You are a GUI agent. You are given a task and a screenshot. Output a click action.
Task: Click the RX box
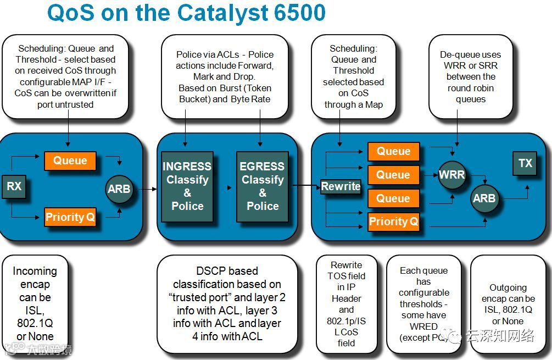(x=14, y=186)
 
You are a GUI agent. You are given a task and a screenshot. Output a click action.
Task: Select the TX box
(x=525, y=163)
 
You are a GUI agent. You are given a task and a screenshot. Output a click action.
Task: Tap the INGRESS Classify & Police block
(x=187, y=186)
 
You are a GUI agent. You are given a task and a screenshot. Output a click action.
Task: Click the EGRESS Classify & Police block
(x=263, y=186)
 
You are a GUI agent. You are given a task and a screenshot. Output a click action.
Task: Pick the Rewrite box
(x=341, y=186)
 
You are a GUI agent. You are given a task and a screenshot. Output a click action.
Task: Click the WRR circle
(x=451, y=175)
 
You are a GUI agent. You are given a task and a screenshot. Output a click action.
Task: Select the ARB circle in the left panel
(x=119, y=189)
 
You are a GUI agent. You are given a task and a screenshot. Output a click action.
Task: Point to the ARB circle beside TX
(x=483, y=198)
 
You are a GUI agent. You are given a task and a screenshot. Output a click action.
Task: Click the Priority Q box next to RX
(x=70, y=217)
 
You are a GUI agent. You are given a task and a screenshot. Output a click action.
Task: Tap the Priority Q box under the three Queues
(x=393, y=222)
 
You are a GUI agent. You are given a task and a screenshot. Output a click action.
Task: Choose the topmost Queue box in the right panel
(x=393, y=151)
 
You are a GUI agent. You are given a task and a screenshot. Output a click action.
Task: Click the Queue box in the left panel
(x=70, y=160)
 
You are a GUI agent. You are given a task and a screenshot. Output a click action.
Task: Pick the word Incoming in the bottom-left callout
(x=35, y=271)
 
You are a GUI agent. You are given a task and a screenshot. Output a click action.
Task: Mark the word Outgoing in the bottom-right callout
(x=508, y=287)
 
